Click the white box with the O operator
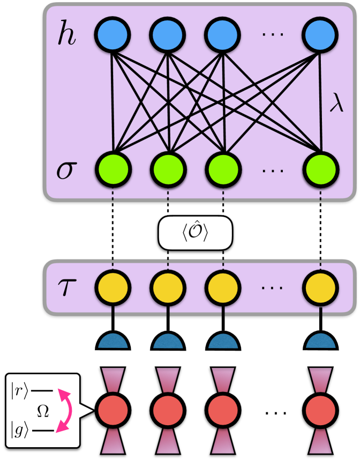(x=196, y=233)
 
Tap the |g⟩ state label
(x=19, y=431)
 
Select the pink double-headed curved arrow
(x=70, y=410)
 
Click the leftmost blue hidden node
(x=112, y=34)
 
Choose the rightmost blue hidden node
(x=320, y=34)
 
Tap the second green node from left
(x=168, y=169)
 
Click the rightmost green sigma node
(x=321, y=169)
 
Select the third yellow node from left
(x=223, y=287)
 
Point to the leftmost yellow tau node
(x=113, y=287)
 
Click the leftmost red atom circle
(x=113, y=410)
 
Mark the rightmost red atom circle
(x=321, y=410)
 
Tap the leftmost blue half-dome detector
(x=113, y=341)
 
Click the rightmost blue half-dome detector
(x=321, y=341)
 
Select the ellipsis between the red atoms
(x=276, y=413)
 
